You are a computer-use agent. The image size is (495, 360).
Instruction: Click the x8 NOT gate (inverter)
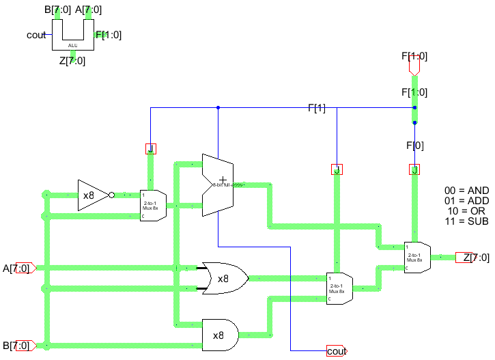[x=92, y=195]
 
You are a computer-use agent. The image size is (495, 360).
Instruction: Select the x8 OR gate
[x=222, y=278]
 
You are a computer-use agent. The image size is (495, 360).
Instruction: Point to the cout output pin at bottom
[x=336, y=351]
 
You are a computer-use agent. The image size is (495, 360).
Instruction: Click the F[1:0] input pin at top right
[x=414, y=65]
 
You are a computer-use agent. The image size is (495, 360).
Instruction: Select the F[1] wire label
[x=317, y=108]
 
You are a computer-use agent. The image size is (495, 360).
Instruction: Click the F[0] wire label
[x=414, y=146]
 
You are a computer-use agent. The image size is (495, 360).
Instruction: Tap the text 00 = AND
[x=466, y=191]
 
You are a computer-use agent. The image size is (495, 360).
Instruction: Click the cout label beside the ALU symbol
[x=36, y=35]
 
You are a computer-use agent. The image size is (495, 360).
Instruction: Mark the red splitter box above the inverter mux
[x=150, y=148]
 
